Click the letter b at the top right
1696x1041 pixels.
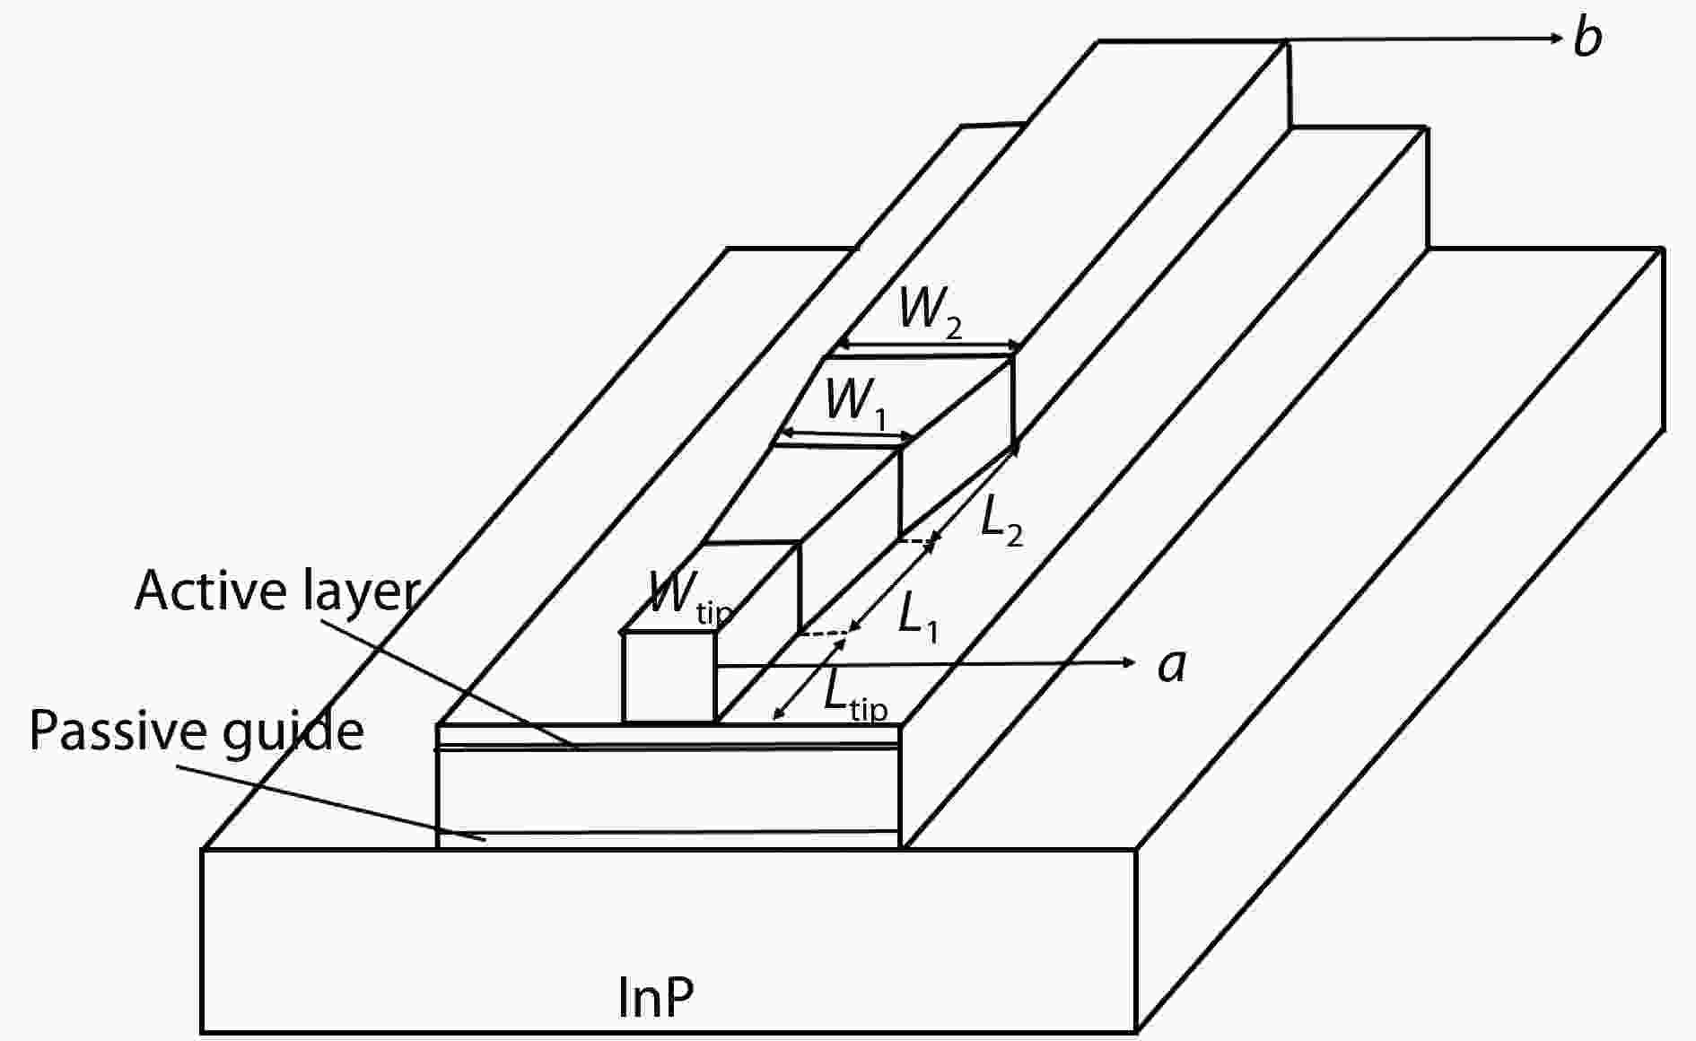point(1587,39)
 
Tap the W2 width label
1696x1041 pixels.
point(930,312)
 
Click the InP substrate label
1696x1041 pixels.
point(656,997)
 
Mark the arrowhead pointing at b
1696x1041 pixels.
point(1557,38)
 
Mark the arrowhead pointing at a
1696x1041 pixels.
point(1129,662)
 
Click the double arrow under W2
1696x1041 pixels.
point(929,346)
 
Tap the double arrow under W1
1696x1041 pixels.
point(844,437)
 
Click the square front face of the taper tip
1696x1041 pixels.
point(669,677)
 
